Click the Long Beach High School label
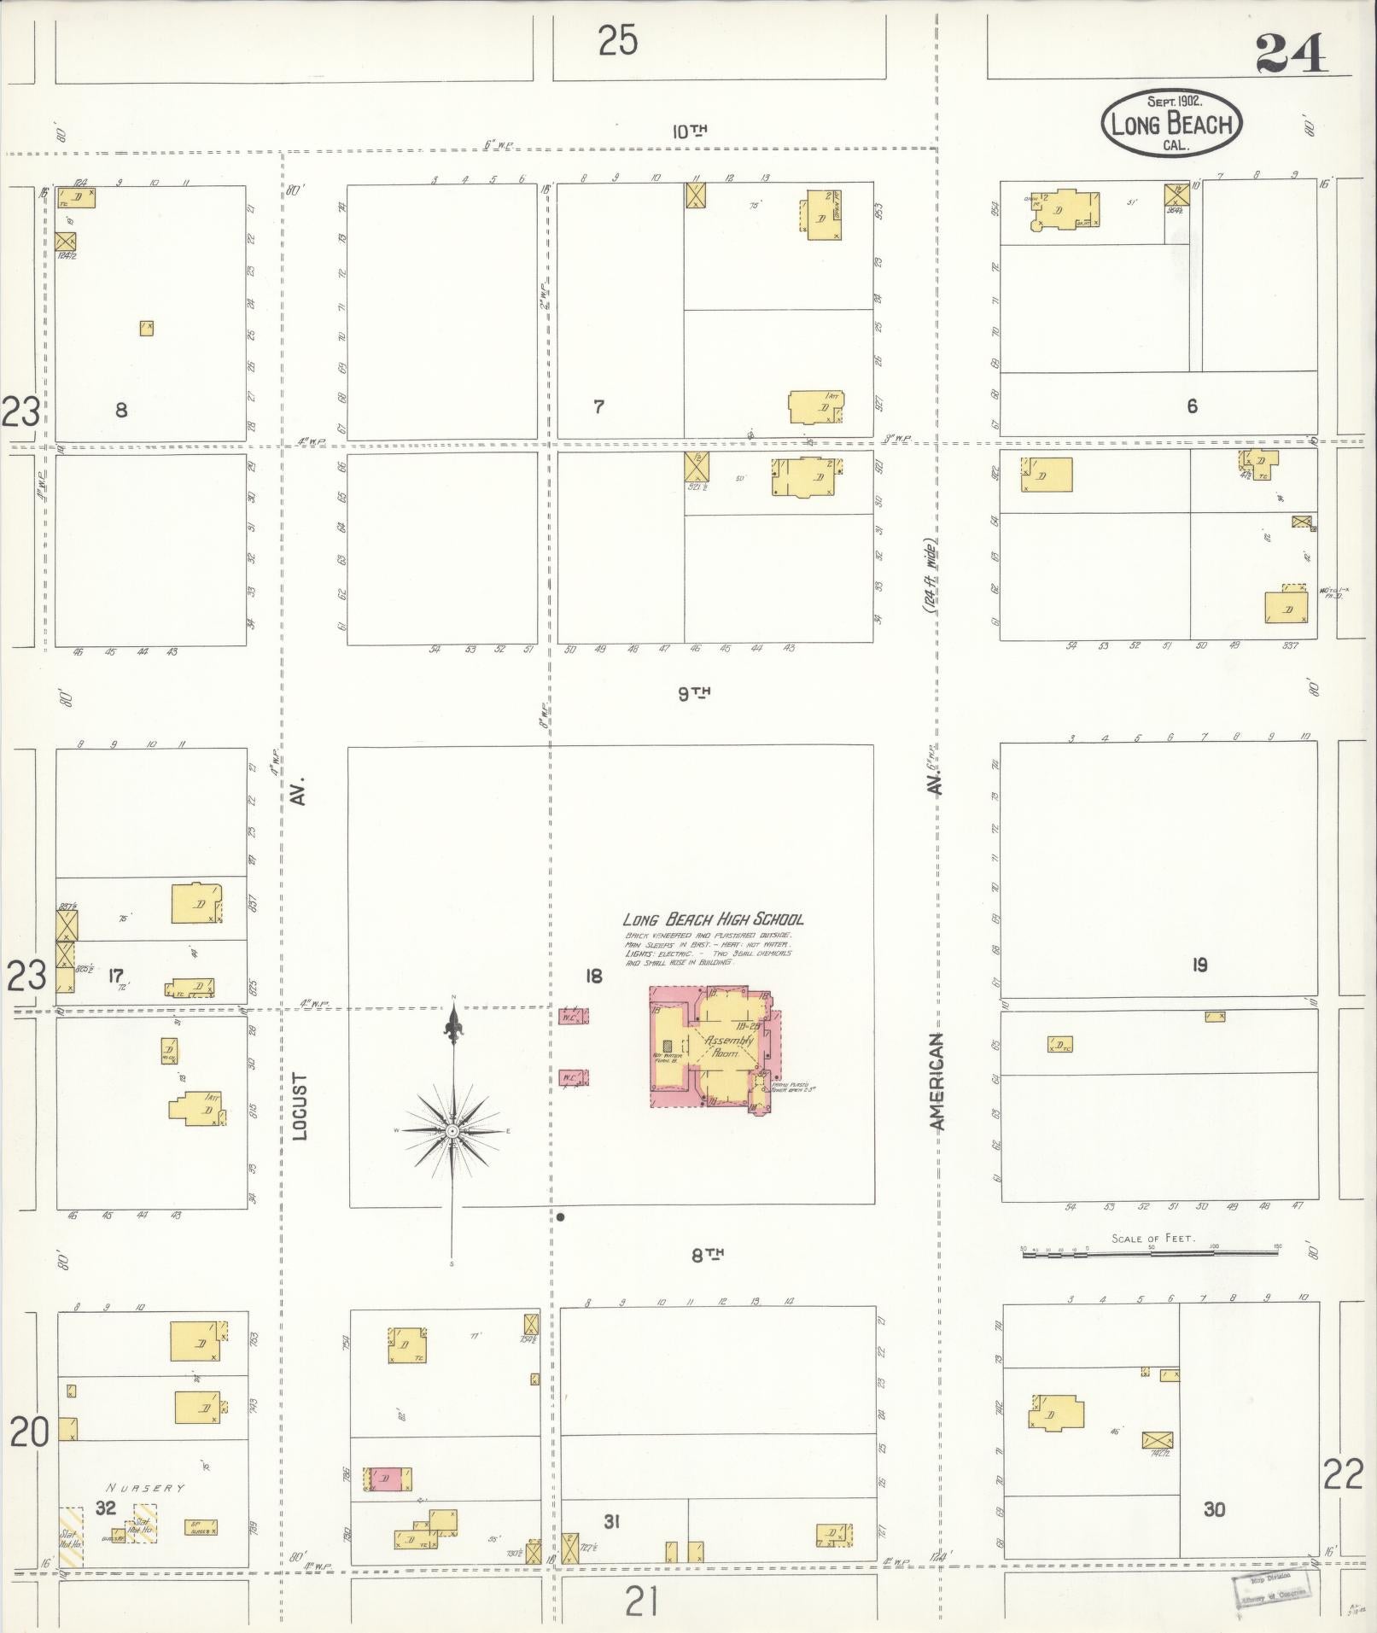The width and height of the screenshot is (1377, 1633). click(x=713, y=919)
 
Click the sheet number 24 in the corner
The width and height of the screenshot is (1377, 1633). click(x=1291, y=54)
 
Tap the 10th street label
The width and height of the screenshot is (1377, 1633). click(x=690, y=131)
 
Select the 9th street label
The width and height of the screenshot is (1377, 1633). click(x=695, y=693)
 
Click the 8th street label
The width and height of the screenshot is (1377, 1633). click(x=708, y=1254)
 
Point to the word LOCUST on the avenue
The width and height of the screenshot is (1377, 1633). click(x=299, y=1106)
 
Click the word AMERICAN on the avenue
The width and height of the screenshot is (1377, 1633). click(x=937, y=1082)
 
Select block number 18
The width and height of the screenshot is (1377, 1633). click(x=592, y=975)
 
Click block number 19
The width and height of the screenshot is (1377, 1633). click(x=1199, y=965)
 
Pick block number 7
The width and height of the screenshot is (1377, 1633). click(x=598, y=406)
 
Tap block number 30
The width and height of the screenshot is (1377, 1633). click(x=1214, y=1509)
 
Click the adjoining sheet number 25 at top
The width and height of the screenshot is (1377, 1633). click(x=617, y=40)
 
